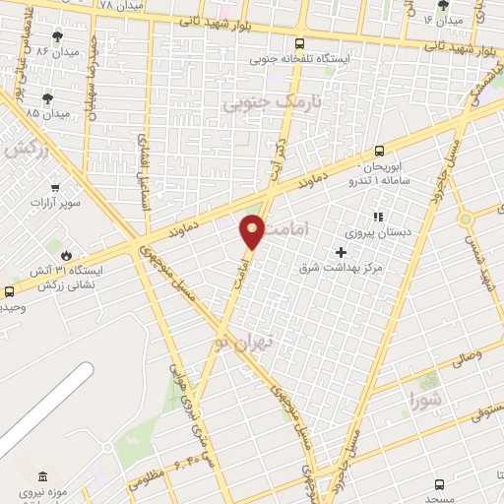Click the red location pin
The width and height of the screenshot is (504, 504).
(x=253, y=232)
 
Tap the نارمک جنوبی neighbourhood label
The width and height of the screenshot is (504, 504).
(x=259, y=102)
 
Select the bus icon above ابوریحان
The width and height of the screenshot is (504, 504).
(x=380, y=152)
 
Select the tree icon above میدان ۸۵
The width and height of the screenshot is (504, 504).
(x=47, y=97)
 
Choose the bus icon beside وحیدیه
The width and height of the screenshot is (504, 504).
(x=9, y=291)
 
